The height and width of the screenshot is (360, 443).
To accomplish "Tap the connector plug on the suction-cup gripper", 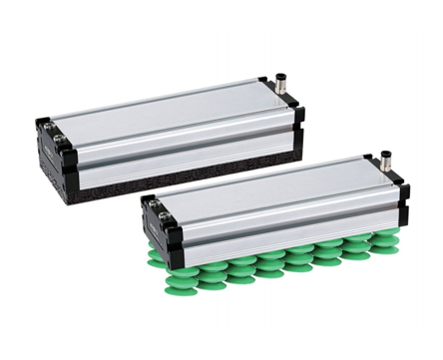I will click(x=385, y=162).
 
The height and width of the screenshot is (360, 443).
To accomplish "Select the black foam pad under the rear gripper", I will click(x=180, y=179).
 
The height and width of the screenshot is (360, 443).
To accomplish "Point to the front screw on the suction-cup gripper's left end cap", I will click(x=166, y=215).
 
